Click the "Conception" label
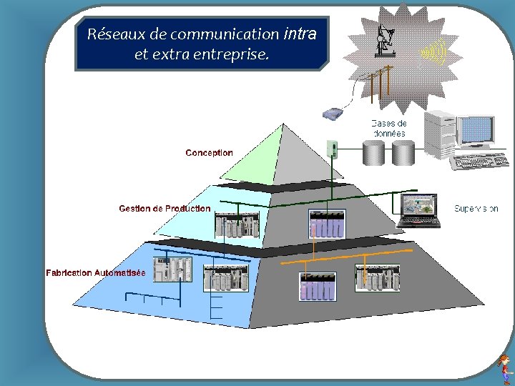pos(209,153)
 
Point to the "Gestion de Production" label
pos(165,209)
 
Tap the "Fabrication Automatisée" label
pos(96,273)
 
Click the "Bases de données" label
pos(389,129)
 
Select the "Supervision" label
pos(476,209)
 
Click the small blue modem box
pos(333,114)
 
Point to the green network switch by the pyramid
pos(331,148)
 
